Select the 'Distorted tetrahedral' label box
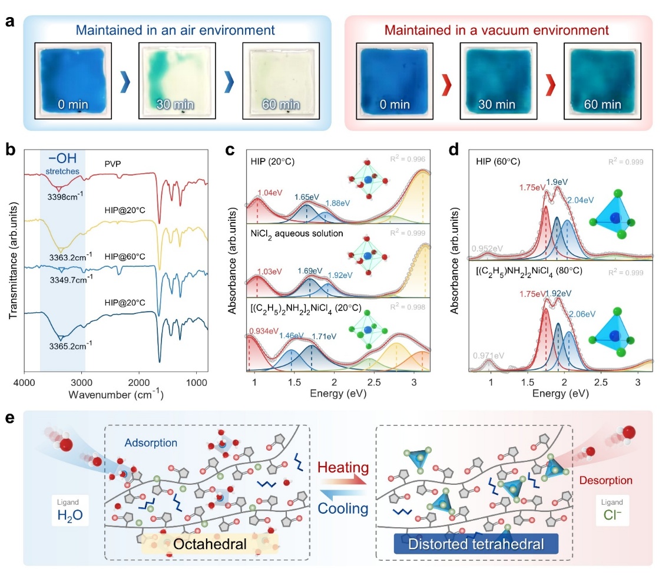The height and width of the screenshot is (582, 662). tap(475, 544)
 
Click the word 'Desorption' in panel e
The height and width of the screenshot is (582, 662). tap(605, 481)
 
